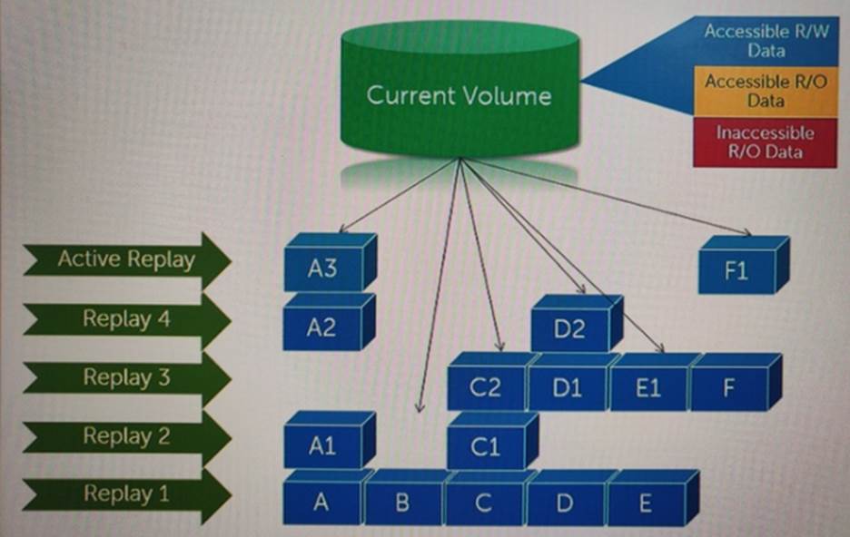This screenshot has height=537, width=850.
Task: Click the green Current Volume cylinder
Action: [x=459, y=95]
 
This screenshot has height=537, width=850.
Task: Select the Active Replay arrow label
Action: [x=125, y=259]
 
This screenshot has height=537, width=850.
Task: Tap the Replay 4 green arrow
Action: [x=125, y=318]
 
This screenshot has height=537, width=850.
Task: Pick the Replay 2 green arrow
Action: [x=125, y=435]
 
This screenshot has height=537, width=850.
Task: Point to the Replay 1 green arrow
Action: [x=125, y=493]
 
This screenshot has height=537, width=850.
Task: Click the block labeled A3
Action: [x=321, y=268]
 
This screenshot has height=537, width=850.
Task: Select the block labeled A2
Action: [x=321, y=328]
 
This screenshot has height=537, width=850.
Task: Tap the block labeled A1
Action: [x=321, y=446]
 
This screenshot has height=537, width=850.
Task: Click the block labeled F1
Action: [x=736, y=271]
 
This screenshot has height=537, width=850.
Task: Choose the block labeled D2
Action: [x=569, y=329]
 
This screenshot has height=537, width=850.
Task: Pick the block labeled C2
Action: [x=486, y=388]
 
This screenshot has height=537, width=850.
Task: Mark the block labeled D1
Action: [x=567, y=388]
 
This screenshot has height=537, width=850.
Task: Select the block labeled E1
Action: [x=647, y=388]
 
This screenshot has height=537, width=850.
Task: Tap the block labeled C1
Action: [x=486, y=447]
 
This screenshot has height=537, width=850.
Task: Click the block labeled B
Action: [x=402, y=504]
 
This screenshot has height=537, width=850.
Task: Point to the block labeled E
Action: [x=645, y=504]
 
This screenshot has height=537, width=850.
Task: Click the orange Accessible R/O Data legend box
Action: [x=765, y=91]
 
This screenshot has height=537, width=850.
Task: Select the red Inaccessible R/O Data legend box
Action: [x=765, y=142]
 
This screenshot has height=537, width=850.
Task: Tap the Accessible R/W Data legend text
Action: [x=766, y=41]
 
